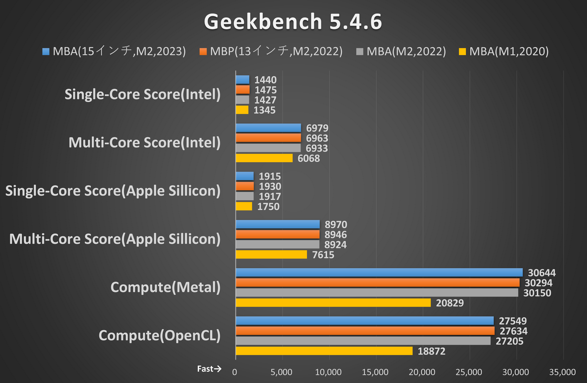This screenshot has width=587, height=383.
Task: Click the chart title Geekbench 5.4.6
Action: coord(293,22)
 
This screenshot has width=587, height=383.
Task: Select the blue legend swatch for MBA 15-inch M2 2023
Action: coord(46,52)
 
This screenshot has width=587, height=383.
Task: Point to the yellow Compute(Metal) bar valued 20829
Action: coord(333,303)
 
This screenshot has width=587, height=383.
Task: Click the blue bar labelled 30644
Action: coord(379,272)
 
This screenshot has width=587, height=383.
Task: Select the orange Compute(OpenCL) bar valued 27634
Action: coord(365,331)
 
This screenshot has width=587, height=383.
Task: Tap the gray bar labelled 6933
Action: coord(268,148)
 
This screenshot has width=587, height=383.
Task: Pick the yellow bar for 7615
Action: coord(271,255)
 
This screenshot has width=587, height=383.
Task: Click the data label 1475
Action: coord(265,90)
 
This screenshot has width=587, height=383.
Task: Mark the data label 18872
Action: coord(431,351)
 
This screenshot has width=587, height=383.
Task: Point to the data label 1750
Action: coord(268,207)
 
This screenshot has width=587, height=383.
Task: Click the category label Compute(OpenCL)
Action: coord(159,335)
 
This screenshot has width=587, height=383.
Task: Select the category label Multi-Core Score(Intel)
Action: coord(144,143)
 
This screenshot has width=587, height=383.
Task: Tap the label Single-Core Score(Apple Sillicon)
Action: coord(113,191)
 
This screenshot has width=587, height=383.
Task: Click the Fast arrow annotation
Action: coord(209,369)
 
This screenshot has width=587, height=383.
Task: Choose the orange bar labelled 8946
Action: coord(278,234)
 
